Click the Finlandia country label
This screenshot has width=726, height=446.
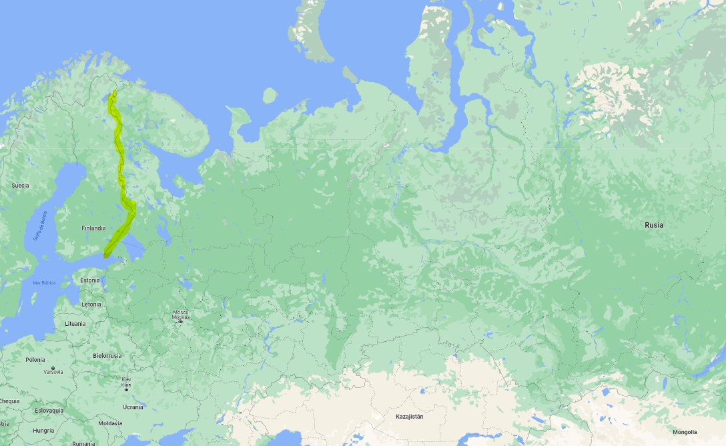[93, 228]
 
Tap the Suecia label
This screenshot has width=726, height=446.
[20, 185]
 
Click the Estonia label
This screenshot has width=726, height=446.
[89, 280]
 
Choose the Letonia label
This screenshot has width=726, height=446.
[91, 304]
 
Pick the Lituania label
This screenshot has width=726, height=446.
[75, 324]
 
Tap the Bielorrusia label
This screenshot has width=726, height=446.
[107, 356]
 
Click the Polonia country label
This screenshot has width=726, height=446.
[35, 360]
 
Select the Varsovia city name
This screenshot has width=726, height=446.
[53, 372]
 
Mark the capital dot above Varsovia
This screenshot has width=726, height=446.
[53, 367]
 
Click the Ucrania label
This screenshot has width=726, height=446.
[133, 407]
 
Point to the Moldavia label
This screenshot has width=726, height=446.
[110, 423]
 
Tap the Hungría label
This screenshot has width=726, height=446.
[43, 431]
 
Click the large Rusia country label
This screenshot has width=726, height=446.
[654, 225]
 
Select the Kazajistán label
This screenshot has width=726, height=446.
[409, 417]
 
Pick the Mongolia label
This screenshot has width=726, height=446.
[684, 432]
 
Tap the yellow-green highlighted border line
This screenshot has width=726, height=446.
[121, 167]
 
